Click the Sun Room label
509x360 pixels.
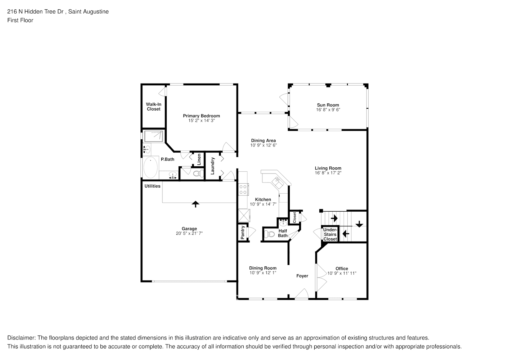328,105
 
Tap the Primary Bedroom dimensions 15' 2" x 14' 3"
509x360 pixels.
201,121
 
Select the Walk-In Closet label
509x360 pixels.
153,107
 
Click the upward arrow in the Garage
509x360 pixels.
195,204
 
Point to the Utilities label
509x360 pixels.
152,186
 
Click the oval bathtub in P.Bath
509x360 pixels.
150,167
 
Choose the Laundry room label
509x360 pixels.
212,166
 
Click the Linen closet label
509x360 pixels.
199,159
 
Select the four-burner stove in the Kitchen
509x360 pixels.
243,189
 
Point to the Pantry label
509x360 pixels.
243,233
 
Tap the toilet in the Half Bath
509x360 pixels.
269,235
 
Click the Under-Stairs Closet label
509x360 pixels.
330,234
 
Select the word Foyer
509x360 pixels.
302,276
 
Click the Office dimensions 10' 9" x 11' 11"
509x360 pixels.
342,273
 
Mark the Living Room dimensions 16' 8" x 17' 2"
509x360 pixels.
328,173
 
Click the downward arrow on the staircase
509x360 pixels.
359,224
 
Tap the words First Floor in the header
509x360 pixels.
20,20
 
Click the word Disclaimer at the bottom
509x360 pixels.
21,338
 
